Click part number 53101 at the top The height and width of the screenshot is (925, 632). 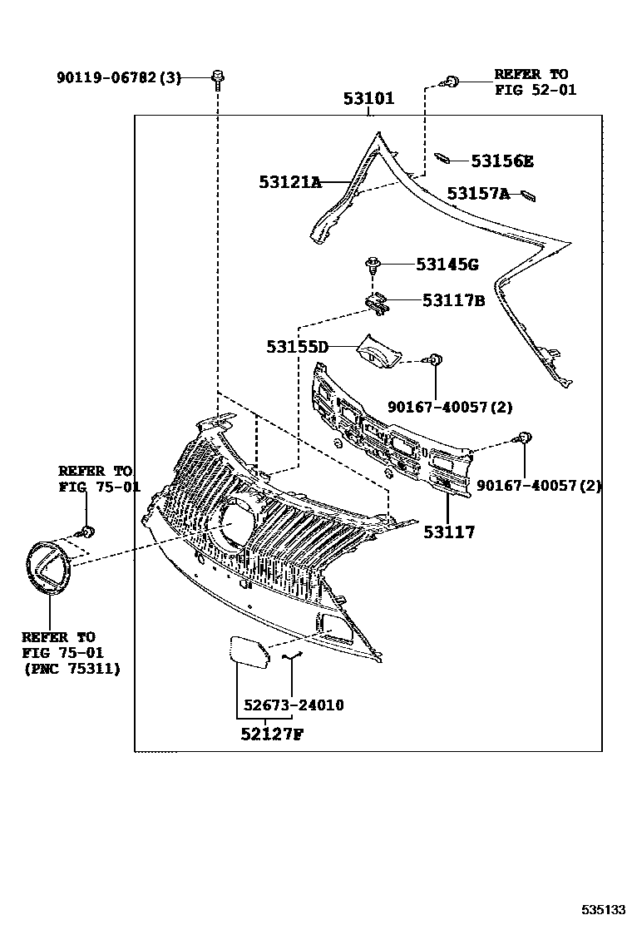click(x=369, y=100)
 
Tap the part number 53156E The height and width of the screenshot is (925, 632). click(x=503, y=161)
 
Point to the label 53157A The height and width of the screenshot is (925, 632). click(x=478, y=194)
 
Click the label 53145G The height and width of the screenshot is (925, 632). click(x=447, y=265)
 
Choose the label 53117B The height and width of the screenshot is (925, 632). click(x=452, y=300)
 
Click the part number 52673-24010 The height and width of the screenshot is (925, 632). click(x=294, y=705)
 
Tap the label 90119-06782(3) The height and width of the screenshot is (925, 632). click(x=119, y=77)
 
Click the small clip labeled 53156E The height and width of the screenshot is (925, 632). click(x=443, y=158)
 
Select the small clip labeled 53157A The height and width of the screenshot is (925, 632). click(x=527, y=195)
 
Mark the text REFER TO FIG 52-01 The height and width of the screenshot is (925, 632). click(x=535, y=82)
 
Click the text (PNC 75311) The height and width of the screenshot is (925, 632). click(x=72, y=668)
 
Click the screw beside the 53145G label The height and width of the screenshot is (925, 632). click(x=373, y=267)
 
